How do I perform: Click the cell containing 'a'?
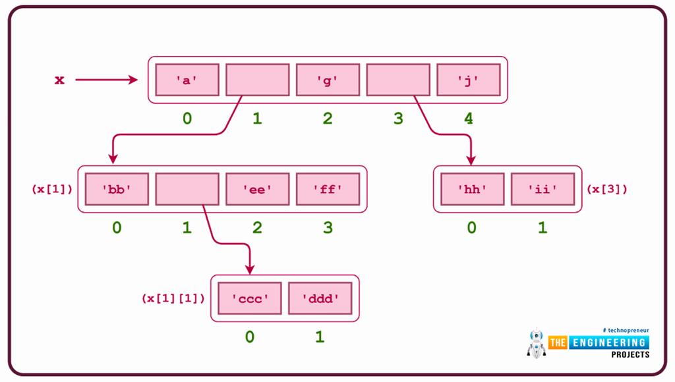pos(187,80)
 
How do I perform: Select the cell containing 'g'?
pos(328,80)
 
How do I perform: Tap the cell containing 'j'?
pos(468,80)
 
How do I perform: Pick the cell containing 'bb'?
pos(117,189)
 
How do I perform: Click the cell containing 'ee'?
pos(257,189)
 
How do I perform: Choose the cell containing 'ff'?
pos(328,189)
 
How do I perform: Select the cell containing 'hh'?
pos(472,189)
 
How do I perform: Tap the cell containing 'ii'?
pos(543,189)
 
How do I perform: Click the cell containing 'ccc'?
pos(250,298)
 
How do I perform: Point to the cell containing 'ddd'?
pos(320,298)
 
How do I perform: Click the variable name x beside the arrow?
pos(59,80)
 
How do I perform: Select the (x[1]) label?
pos(52,189)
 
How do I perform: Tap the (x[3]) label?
pos(607,189)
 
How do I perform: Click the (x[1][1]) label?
pos(173,298)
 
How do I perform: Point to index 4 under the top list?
pos(468,119)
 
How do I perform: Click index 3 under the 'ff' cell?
pos(328,228)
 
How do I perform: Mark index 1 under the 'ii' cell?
pos(543,228)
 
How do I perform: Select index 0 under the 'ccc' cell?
pos(250,337)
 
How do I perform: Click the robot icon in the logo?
pos(537,342)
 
